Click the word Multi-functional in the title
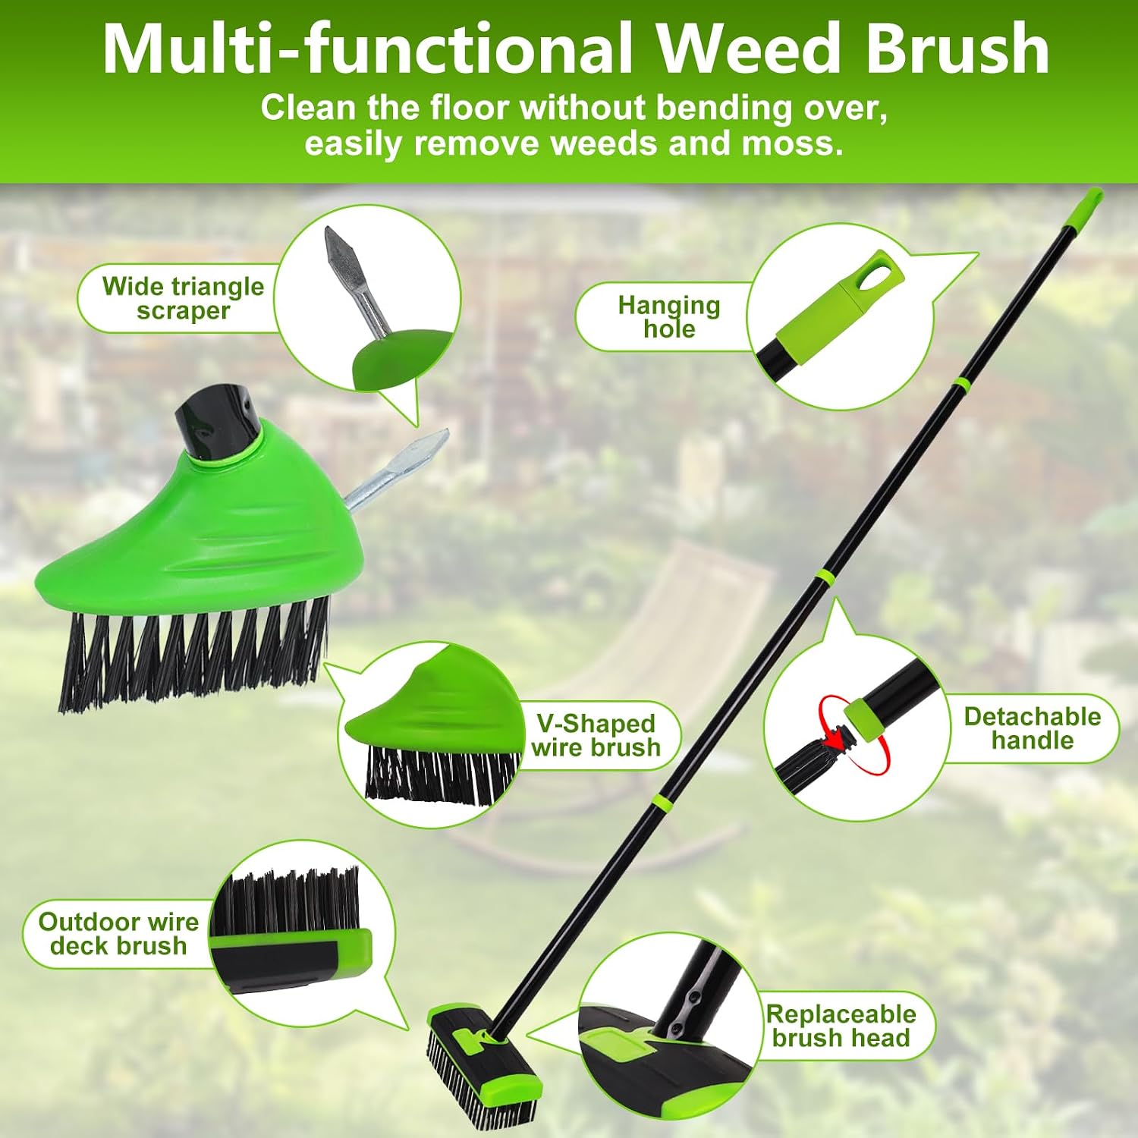(x=368, y=48)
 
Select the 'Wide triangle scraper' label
(x=183, y=298)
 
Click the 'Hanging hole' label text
(x=669, y=316)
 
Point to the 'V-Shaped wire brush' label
(x=596, y=735)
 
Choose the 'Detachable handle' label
(x=1032, y=728)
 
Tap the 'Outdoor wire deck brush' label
(x=119, y=933)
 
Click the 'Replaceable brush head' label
(x=841, y=1026)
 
